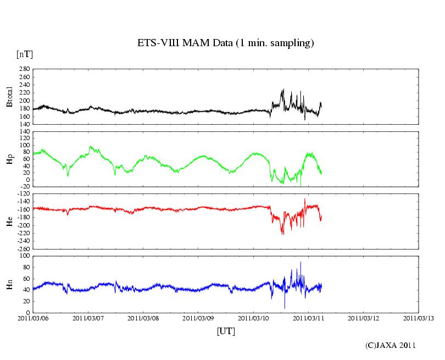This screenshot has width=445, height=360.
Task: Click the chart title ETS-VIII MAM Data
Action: click(x=225, y=43)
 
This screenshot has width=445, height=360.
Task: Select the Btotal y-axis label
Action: click(x=9, y=97)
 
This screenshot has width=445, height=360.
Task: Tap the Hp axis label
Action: click(x=9, y=159)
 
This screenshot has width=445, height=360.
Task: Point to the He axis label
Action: click(x=9, y=221)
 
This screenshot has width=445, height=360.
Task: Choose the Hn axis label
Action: click(x=9, y=284)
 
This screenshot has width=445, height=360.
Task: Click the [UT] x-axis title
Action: click(x=226, y=331)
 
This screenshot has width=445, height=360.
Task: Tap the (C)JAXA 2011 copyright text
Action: click(x=390, y=345)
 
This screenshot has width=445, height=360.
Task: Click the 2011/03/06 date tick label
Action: click(x=33, y=317)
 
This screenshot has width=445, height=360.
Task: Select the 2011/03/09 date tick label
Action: click(x=198, y=317)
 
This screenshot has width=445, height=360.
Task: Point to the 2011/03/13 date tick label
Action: click(x=419, y=317)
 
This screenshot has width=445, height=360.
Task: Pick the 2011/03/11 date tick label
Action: click(x=308, y=317)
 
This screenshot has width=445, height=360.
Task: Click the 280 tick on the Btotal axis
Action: click(x=23, y=69)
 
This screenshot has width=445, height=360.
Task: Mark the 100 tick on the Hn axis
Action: click(x=23, y=256)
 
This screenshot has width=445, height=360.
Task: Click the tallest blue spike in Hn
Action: click(x=301, y=263)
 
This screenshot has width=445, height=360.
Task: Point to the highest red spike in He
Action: click(x=304, y=199)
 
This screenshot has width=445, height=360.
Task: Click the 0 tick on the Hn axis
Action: click(x=27, y=313)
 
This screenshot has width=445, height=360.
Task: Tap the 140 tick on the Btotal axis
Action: click(x=23, y=125)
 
